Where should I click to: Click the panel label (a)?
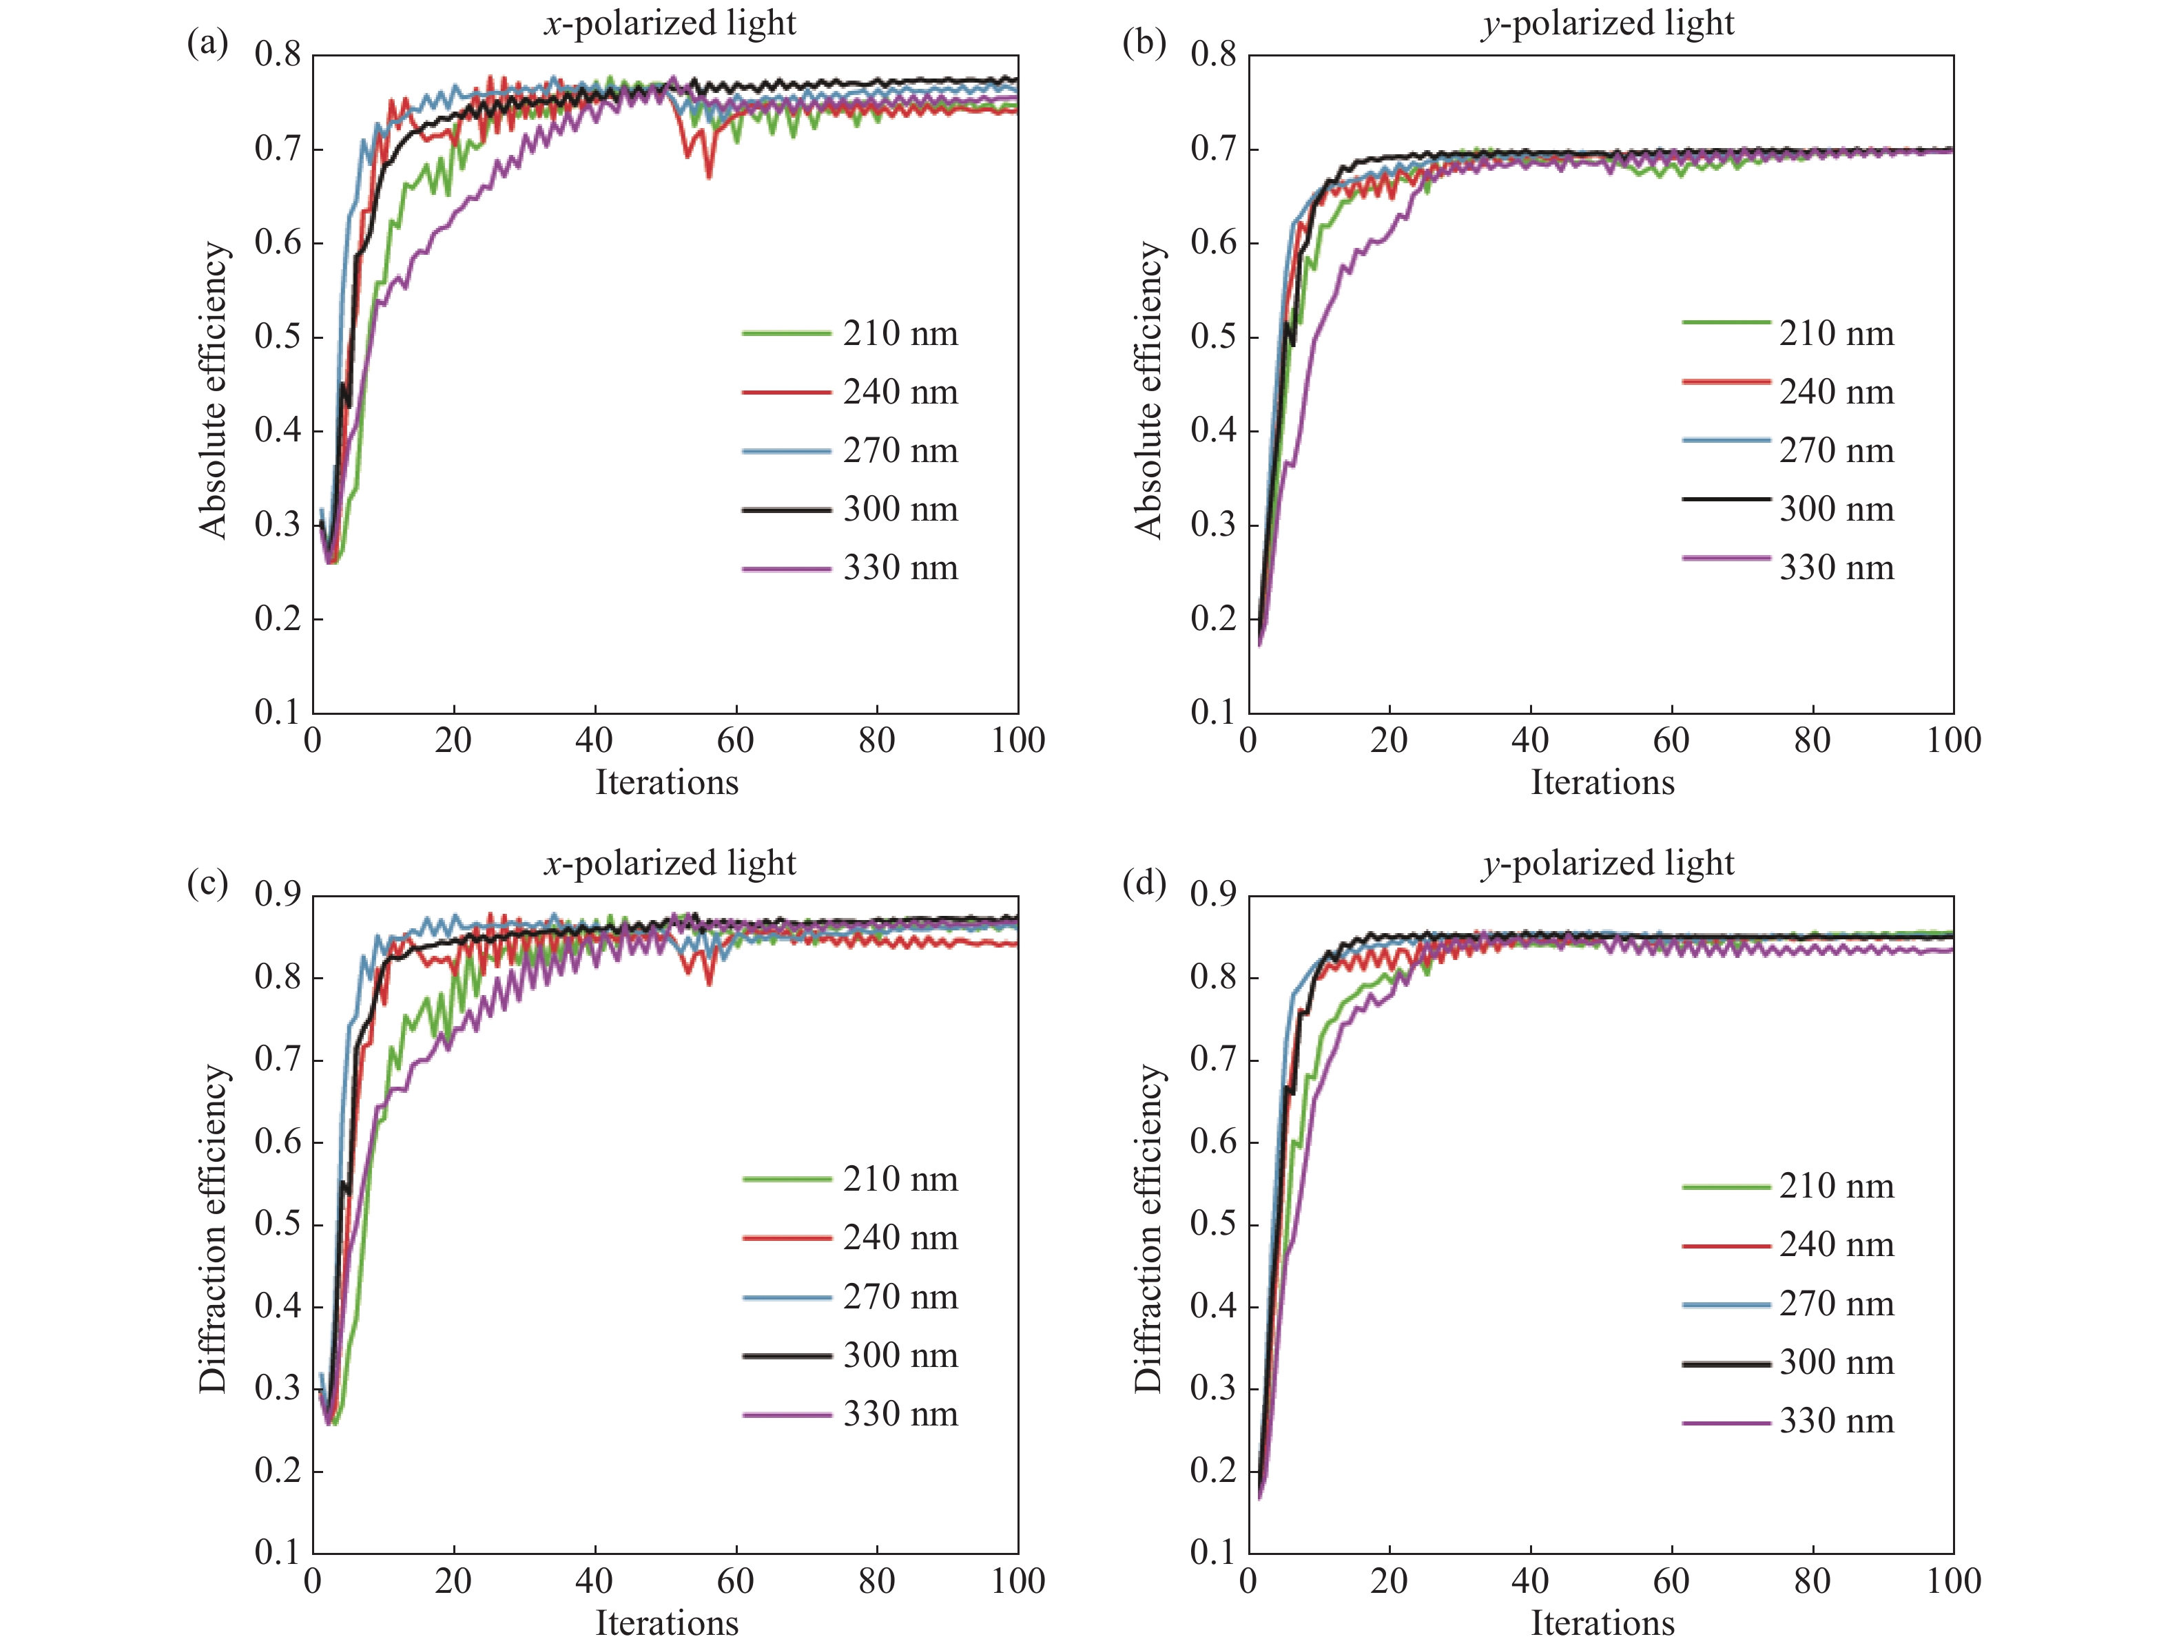point(207,43)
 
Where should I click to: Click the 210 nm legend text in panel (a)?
point(900,334)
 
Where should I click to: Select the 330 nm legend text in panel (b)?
point(1836,567)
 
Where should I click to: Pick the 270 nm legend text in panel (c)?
point(900,1297)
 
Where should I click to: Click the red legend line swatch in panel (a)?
point(786,392)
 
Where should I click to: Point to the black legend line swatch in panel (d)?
point(1726,1364)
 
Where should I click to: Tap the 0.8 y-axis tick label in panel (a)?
point(278,55)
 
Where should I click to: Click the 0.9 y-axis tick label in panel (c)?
point(278,895)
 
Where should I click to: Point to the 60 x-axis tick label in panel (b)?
point(1671,740)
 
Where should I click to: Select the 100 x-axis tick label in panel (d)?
point(1953,1580)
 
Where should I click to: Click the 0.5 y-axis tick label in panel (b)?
point(1215,337)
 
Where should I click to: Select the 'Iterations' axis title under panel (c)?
point(666,1622)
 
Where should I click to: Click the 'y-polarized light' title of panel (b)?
point(1608,23)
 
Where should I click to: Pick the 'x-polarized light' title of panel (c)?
point(670,862)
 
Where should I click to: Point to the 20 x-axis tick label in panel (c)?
point(453,1580)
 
